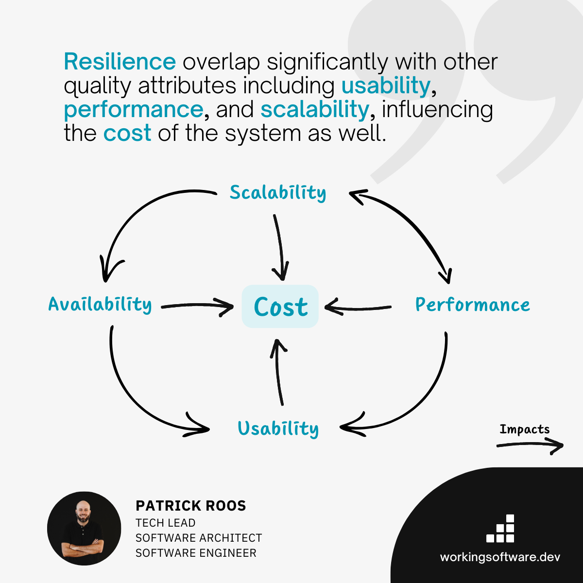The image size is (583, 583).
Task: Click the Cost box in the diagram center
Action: pos(280,307)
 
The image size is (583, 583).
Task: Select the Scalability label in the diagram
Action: pos(278,193)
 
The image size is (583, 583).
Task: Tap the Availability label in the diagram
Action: pos(100,305)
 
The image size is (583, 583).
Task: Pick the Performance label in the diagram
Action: pos(472,305)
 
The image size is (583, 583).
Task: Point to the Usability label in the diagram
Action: pos(278,429)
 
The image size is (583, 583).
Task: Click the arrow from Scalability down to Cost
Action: pos(279,248)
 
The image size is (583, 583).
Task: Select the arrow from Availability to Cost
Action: pos(197,306)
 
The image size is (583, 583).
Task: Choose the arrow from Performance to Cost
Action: pos(359,308)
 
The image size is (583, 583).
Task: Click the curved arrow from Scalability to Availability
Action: pos(136,214)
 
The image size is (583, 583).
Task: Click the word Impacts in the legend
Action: pos(524,429)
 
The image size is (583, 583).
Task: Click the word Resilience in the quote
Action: pos(120,62)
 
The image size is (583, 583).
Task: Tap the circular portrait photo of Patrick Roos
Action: pos(84,528)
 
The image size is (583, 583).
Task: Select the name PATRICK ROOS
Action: pos(191,506)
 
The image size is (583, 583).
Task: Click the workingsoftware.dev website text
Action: pos(500,557)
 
